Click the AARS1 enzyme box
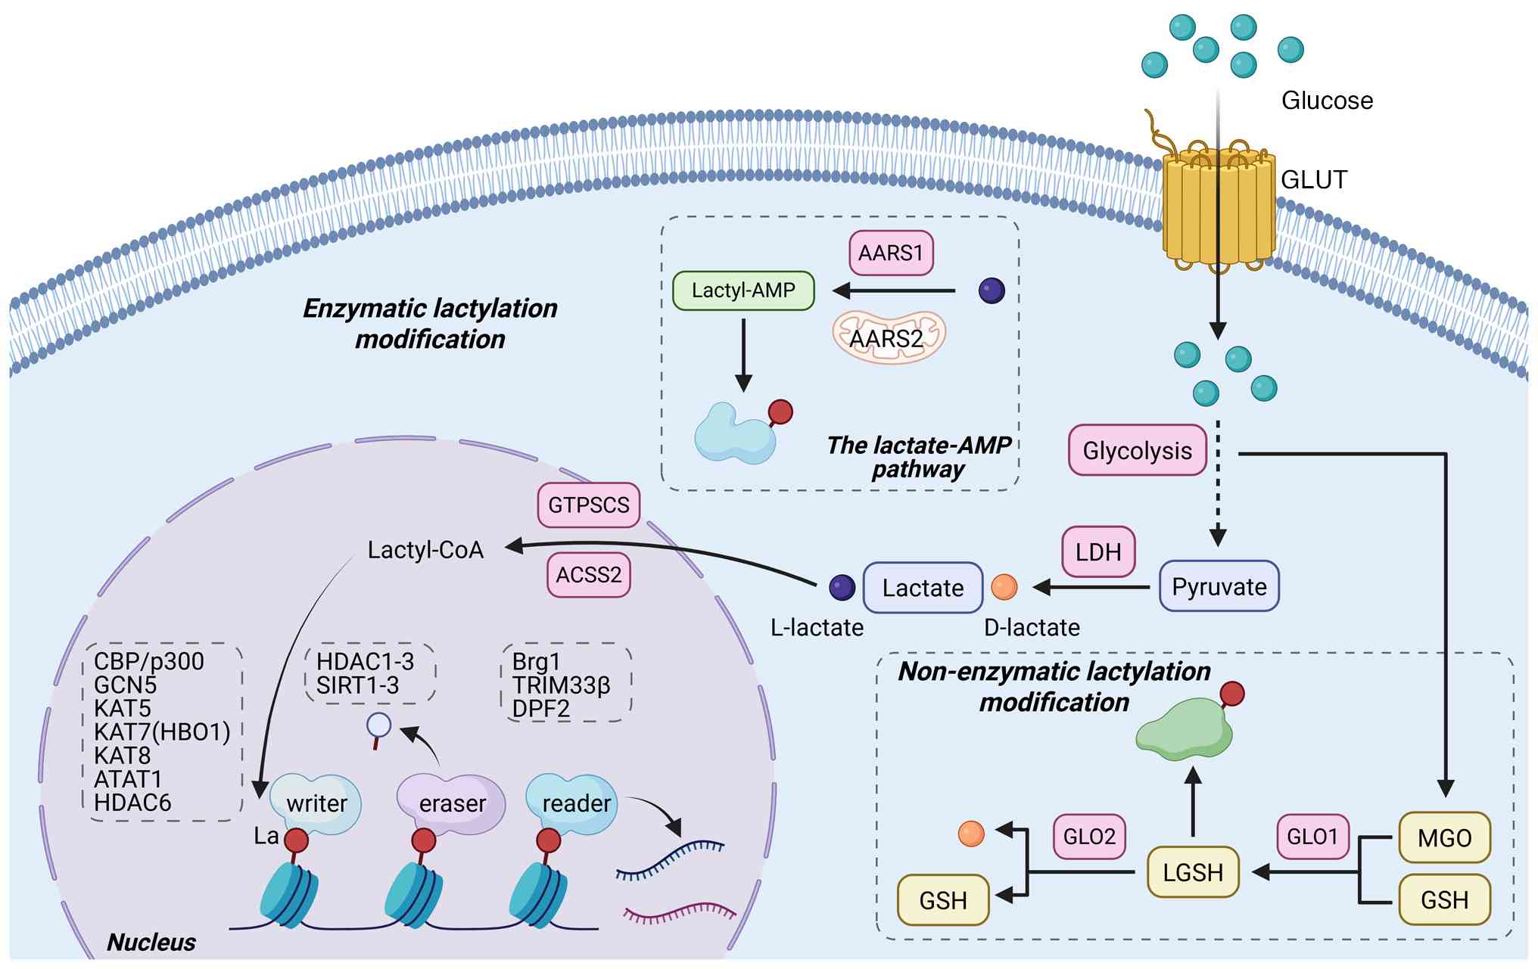[x=891, y=253]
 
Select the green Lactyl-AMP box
[x=743, y=290]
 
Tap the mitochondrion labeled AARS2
[x=888, y=337]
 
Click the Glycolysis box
[x=1137, y=451]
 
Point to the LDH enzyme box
[x=1098, y=552]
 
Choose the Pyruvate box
[x=1219, y=586]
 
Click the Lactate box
[x=923, y=588]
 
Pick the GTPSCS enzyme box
[x=588, y=505]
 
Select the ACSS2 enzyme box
[x=588, y=575]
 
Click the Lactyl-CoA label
[x=425, y=550]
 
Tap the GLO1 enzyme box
[x=1312, y=837]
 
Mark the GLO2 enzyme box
[x=1089, y=837]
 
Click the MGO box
[x=1444, y=838]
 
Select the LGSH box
[x=1193, y=873]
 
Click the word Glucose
[x=1327, y=101]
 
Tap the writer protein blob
[x=316, y=803]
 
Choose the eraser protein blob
[x=452, y=803]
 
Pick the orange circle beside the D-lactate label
[x=1004, y=587]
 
